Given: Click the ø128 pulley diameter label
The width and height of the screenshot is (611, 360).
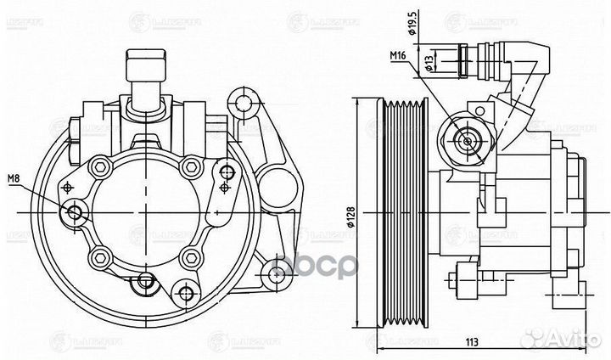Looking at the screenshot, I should click(360, 218).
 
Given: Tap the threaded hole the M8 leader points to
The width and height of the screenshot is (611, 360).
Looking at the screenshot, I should click(77, 212).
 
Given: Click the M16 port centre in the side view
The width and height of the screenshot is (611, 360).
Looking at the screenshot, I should click(464, 139).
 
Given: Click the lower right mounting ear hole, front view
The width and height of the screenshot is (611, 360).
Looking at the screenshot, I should click(273, 272).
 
